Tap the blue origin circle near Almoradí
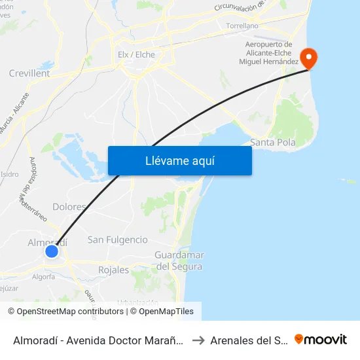pos(52,251)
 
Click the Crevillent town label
pos(29,74)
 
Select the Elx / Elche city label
pos(136,55)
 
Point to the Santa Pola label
pos(274,142)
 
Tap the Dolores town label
pos(69,207)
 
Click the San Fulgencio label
pos(118,240)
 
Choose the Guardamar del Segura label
pos(179,261)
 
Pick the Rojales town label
pos(113,270)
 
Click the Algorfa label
pos(43,277)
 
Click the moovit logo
pos(321,340)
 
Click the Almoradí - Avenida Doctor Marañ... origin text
pos(98,340)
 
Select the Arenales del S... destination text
pos(248,340)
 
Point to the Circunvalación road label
pos(240,7)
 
